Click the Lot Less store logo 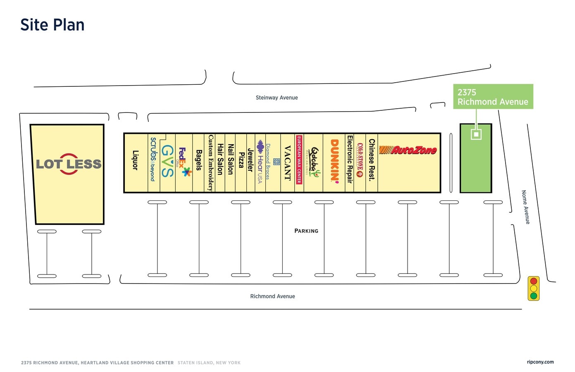[69, 164]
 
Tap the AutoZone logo [408, 150]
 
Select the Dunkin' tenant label [334, 160]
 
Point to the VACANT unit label [288, 162]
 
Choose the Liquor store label [135, 160]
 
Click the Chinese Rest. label [372, 160]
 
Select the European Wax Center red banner [299, 160]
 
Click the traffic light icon [533, 288]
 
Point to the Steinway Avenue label [277, 98]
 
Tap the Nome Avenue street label [525, 207]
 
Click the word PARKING [306, 231]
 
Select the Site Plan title [52, 25]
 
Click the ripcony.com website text [540, 362]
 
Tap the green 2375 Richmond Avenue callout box [493, 97]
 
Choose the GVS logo [167, 161]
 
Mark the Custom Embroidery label [211, 162]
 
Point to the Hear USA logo [260, 161]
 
